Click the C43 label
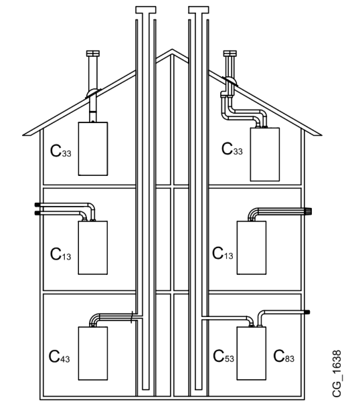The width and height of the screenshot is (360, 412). [60, 356]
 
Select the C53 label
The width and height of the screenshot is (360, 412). [223, 356]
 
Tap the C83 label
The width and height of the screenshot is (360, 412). [284, 356]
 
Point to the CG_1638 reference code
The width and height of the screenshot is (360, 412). [337, 374]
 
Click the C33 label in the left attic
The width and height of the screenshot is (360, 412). [60, 151]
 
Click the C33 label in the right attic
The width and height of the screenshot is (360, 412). [232, 148]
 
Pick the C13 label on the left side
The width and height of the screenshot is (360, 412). [60, 254]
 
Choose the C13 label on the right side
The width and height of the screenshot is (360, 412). [223, 253]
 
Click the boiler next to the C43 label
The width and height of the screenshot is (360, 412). [93, 353]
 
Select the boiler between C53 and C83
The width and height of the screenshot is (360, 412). [252, 353]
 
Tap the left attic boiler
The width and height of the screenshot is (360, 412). [93, 148]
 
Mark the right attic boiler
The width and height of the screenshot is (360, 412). [265, 154]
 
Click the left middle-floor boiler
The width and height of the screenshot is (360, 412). [93, 247]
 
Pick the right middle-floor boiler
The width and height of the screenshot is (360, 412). [252, 247]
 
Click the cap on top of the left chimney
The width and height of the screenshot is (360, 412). [146, 10]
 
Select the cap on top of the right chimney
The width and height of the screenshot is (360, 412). [199, 10]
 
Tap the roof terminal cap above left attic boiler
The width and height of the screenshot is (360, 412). [93, 54]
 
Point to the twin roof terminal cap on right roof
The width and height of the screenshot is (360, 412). [230, 54]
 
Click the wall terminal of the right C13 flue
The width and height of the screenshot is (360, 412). [308, 211]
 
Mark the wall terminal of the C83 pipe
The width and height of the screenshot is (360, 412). [307, 312]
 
